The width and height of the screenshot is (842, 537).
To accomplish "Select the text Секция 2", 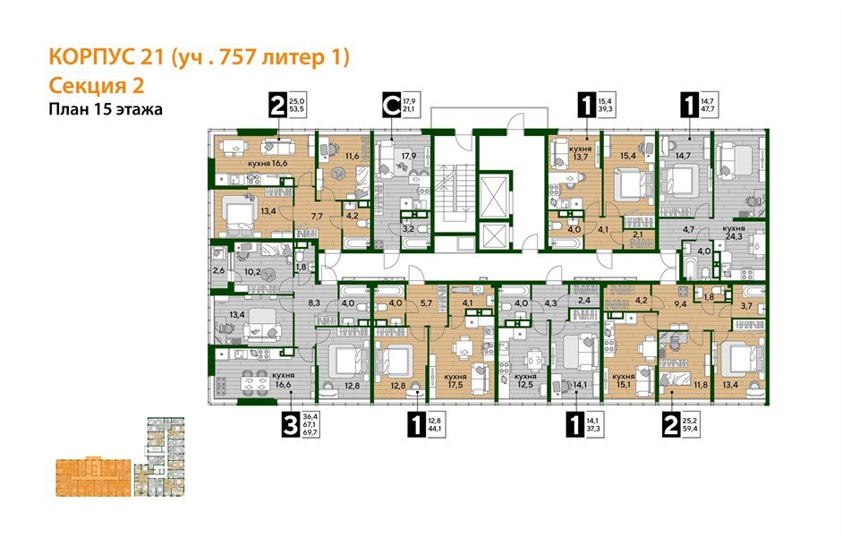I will [93, 86].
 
